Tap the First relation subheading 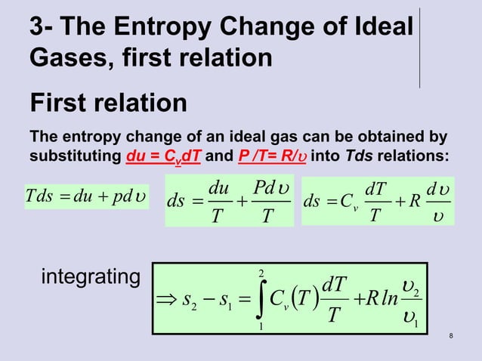tap(108, 103)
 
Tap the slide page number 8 tap(451, 336)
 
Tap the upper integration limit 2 tap(260, 270)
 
